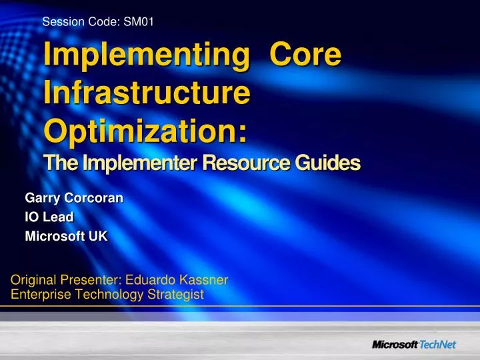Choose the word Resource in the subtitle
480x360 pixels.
tap(235, 163)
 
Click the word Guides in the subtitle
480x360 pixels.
tap(326, 163)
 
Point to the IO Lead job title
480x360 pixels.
tap(49, 217)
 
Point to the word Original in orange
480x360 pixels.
tap(33, 281)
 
